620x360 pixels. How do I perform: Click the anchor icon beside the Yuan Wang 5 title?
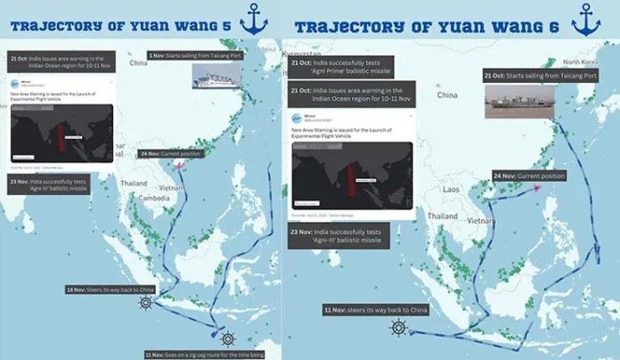click(254, 20)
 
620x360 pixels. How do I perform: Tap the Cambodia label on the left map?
click(153, 198)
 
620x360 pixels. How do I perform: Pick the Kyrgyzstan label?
click(301, 54)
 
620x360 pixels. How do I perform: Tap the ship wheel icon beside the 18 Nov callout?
click(145, 302)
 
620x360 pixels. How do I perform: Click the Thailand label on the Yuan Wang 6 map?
click(442, 217)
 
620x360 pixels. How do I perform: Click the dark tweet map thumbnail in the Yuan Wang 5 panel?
click(61, 132)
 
